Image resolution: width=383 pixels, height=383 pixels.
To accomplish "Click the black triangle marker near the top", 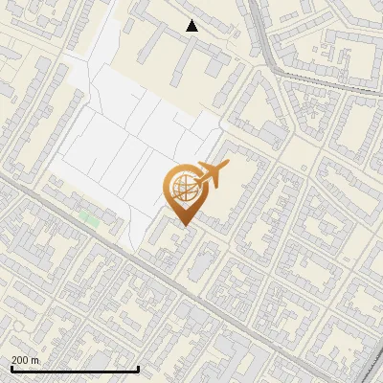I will [x=192, y=26].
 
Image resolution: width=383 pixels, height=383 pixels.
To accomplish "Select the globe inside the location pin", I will [x=182, y=190].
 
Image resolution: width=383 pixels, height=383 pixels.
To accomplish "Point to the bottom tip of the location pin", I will [x=183, y=225].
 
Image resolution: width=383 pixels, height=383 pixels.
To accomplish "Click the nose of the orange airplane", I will [x=227, y=166].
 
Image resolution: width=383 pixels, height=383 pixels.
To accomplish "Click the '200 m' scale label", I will [x=26, y=359].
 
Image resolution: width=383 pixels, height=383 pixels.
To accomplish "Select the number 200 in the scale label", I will [x=21, y=359].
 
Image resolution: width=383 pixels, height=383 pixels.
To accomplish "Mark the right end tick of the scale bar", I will [x=139, y=368].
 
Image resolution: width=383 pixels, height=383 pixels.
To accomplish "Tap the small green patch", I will [x=90, y=219].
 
